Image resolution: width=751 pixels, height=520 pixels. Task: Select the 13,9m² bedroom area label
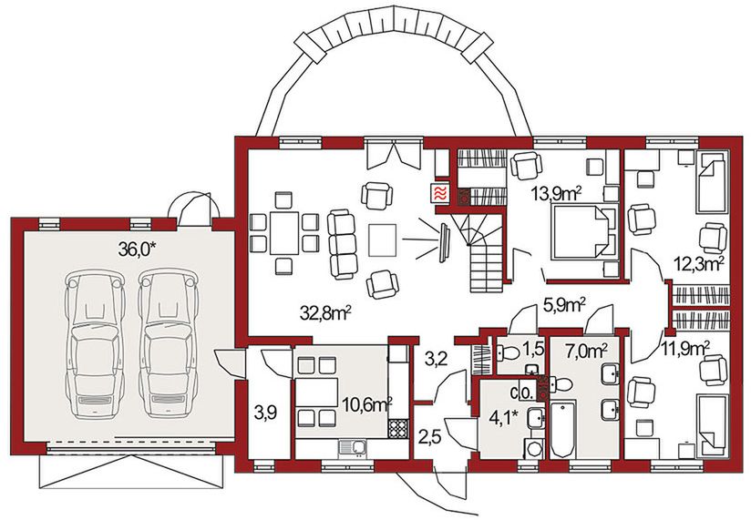[556, 194]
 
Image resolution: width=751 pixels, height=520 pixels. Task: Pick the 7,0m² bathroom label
[586, 352]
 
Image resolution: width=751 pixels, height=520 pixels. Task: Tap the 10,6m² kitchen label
[368, 405]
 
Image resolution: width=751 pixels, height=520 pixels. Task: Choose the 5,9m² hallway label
[564, 305]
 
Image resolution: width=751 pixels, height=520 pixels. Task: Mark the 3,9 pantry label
[265, 413]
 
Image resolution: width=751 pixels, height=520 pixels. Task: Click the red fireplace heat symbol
[440, 194]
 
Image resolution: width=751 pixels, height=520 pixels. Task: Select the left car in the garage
[96, 343]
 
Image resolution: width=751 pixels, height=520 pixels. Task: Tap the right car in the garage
[168, 343]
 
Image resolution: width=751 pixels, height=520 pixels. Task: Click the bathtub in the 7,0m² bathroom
[562, 430]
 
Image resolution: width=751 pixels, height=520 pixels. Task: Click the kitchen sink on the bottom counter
[353, 448]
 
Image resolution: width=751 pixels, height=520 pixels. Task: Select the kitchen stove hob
[398, 429]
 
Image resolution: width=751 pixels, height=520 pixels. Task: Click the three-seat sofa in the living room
[342, 244]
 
